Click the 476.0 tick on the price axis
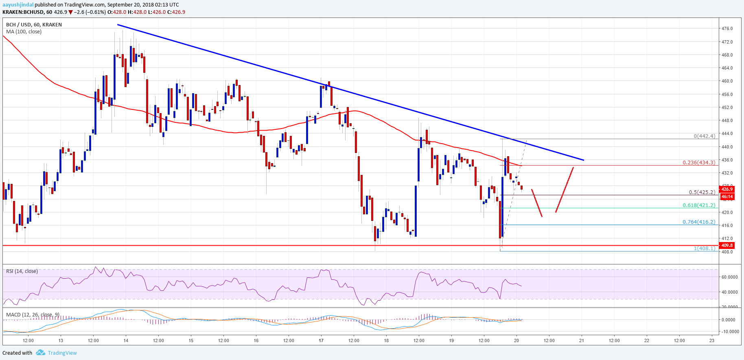727,29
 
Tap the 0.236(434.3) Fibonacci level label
698,163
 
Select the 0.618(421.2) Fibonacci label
698,205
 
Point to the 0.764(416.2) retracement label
698,222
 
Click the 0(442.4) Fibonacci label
704,136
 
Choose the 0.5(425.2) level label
702,192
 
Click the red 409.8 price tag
727,245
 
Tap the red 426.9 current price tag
727,189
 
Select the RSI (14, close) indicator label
22,271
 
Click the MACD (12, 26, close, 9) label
33,315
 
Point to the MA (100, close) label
24,32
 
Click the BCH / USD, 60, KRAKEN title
34,25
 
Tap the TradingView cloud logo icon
40,353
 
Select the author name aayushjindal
18,5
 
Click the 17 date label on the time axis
321,340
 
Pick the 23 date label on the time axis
711,340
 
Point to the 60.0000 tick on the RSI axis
729,277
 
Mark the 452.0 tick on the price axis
727,107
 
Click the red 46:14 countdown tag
727,197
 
